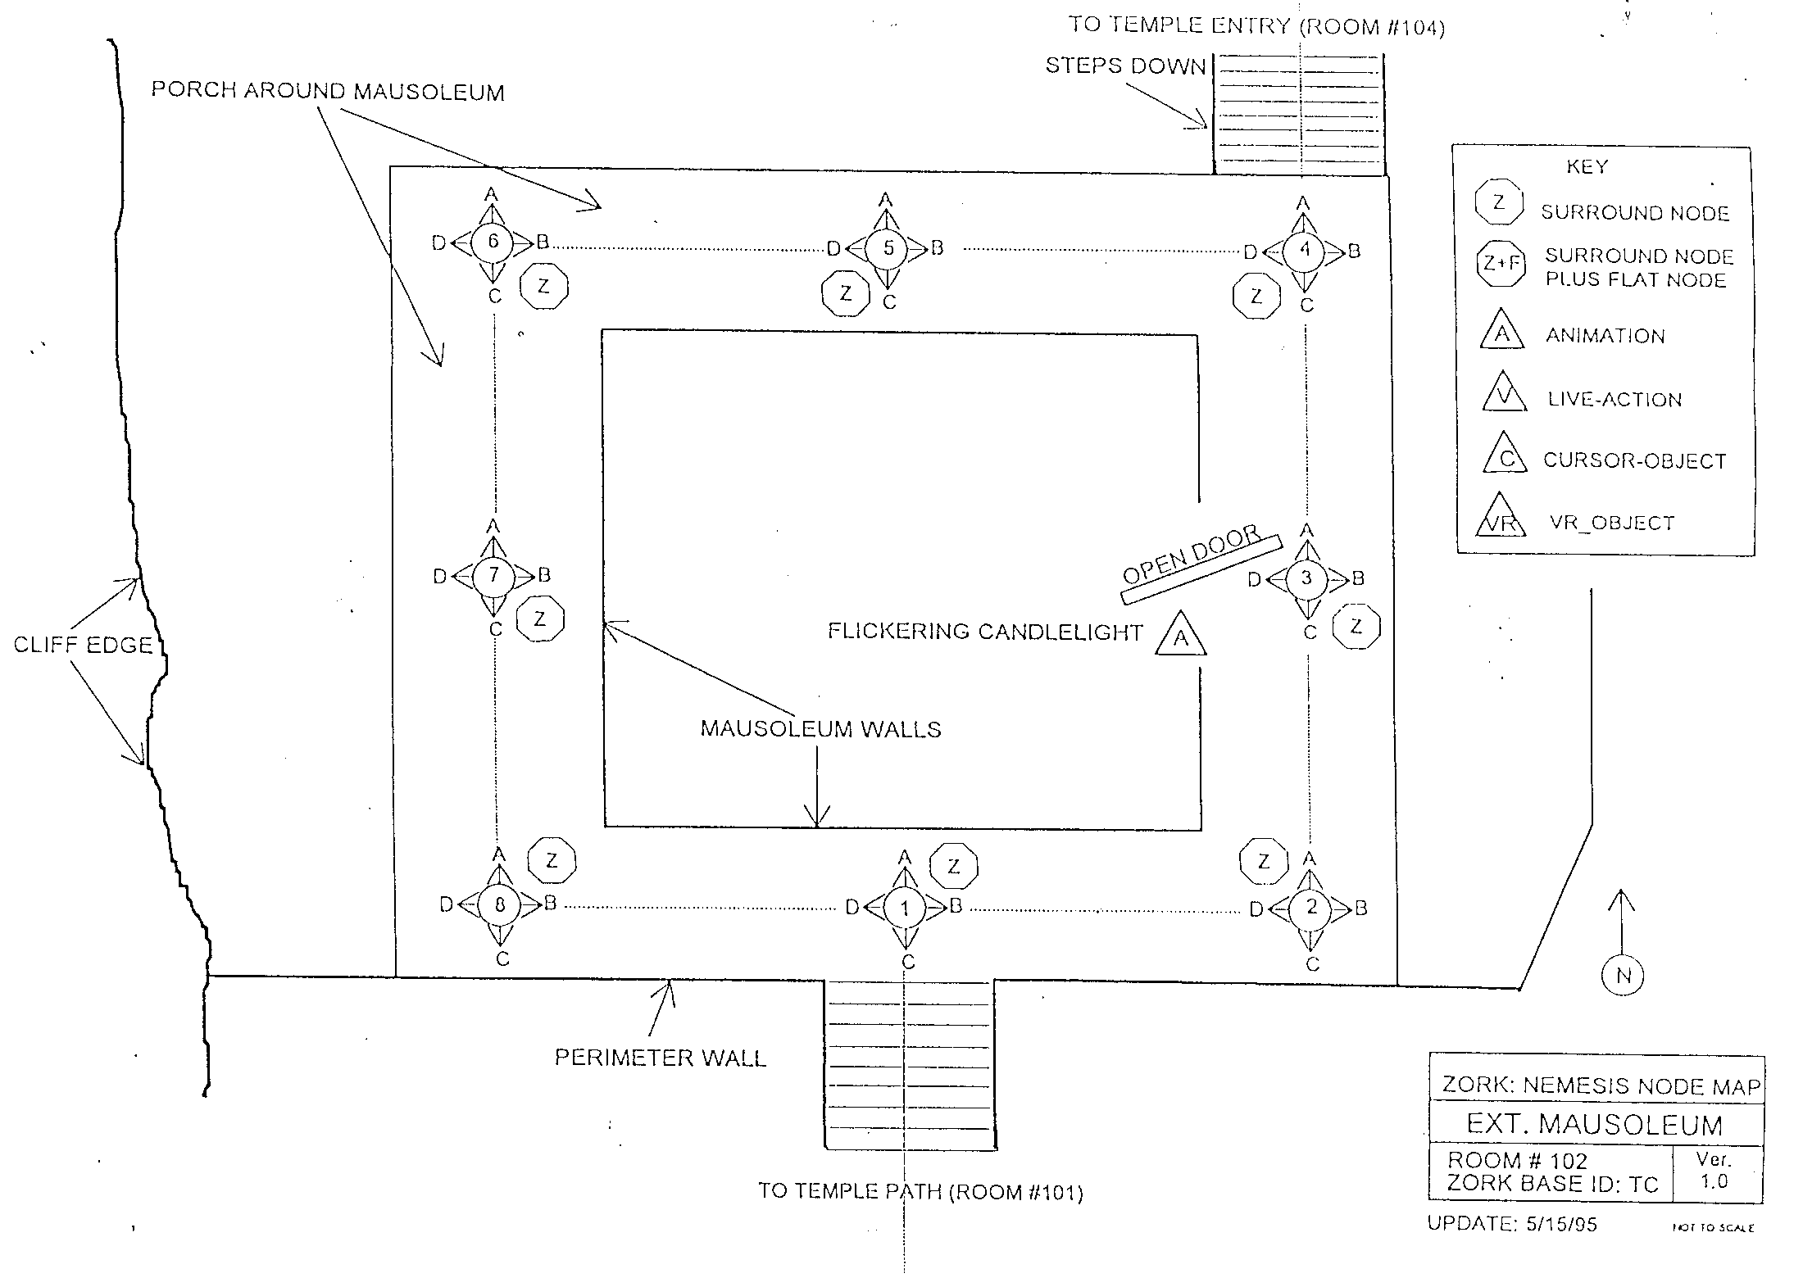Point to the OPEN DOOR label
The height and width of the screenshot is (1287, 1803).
point(1191,555)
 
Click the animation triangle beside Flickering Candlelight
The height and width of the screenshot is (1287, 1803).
point(1181,633)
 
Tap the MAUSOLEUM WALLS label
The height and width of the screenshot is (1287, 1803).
point(820,729)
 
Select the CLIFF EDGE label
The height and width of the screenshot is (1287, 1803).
point(83,645)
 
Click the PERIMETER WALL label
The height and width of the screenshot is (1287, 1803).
point(661,1058)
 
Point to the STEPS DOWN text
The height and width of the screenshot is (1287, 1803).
point(1125,66)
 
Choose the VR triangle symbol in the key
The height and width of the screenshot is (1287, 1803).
point(1501,515)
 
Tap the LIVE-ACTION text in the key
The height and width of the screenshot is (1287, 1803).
point(1615,400)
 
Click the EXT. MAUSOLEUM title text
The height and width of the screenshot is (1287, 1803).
point(1595,1124)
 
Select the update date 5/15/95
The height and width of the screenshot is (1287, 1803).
point(1562,1225)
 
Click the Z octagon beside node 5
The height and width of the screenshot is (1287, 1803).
point(846,293)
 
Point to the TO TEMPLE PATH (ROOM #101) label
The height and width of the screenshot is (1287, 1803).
point(920,1191)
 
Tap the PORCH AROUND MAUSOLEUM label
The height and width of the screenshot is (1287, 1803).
point(328,90)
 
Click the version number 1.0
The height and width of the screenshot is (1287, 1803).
point(1714,1181)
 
